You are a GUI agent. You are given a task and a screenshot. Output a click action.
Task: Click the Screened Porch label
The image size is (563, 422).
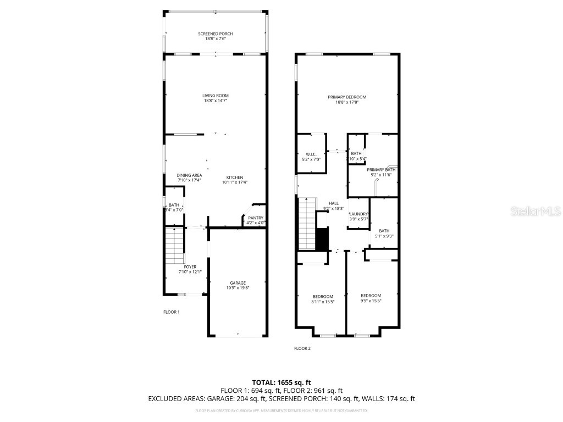[216, 34]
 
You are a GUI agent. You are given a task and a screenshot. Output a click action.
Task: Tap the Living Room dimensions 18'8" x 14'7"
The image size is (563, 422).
[216, 101]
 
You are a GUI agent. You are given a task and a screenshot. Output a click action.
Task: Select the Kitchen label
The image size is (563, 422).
[234, 177]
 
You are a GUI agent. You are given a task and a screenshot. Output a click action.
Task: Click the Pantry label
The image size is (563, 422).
[256, 218]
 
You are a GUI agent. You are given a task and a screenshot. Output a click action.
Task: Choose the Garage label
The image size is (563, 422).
[238, 283]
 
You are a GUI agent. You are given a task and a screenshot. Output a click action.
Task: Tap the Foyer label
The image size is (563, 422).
[190, 267]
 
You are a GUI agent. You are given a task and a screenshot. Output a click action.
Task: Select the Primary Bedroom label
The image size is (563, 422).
[347, 97]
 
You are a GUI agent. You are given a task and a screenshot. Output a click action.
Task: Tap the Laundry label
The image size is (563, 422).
[358, 214]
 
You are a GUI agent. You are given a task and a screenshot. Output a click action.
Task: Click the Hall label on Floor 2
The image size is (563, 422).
[334, 203]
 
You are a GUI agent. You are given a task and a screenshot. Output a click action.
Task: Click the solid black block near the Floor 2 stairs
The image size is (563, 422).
[322, 240]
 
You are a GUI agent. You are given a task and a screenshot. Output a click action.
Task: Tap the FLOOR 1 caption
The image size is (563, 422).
[172, 312]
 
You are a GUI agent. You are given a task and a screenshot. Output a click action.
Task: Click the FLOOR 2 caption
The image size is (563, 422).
[302, 348]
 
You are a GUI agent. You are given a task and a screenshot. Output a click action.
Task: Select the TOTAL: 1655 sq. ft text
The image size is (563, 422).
[281, 382]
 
